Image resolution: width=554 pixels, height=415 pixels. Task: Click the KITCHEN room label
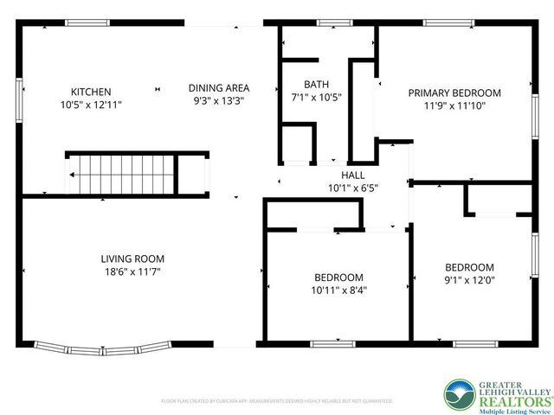[91, 92]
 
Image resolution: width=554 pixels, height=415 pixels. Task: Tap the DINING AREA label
[219, 87]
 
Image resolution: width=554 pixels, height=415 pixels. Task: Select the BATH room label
[316, 85]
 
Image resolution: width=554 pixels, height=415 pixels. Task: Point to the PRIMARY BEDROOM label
[454, 93]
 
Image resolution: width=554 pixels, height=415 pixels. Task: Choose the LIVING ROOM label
[132, 259]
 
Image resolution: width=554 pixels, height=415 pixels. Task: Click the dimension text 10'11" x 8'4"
[338, 290]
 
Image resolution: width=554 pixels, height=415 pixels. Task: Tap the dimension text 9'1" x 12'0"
[469, 280]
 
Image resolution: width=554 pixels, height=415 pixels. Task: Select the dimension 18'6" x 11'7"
[132, 271]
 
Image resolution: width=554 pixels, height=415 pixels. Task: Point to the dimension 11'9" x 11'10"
[454, 105]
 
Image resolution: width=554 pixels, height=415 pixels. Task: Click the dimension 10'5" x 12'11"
[91, 105]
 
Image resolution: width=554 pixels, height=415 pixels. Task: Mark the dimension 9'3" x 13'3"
[219, 100]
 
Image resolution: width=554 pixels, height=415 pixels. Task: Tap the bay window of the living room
[100, 348]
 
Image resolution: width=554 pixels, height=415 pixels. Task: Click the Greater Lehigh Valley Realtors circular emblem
[460, 393]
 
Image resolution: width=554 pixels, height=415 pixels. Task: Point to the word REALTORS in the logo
[515, 400]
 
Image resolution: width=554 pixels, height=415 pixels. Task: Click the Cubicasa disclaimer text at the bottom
[277, 401]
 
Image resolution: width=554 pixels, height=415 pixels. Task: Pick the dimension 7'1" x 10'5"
[316, 98]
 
